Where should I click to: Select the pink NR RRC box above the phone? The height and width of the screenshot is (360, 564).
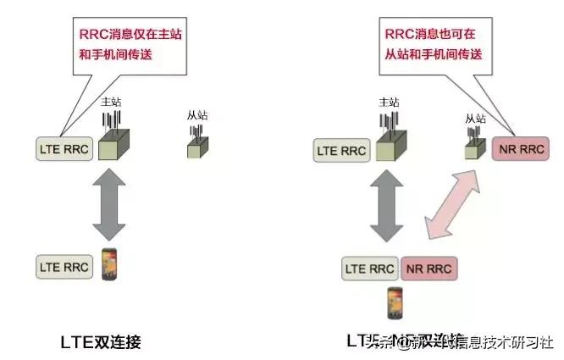click(428, 269)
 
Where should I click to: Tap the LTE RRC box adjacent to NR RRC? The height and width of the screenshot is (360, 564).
click(370, 269)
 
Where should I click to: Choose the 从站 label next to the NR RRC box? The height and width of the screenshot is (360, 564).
click(474, 119)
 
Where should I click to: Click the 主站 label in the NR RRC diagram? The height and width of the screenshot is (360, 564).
click(388, 102)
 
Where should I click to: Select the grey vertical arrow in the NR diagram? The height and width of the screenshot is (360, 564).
click(386, 208)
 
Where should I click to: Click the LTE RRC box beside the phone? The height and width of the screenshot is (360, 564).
click(64, 265)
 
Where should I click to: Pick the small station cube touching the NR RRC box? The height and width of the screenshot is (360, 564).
click(473, 150)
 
